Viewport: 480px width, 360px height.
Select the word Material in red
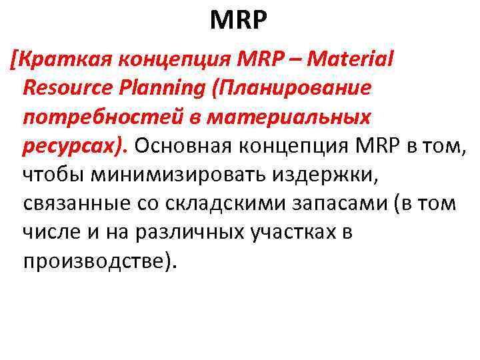pyautogui.click(x=353, y=60)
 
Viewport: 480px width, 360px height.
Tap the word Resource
pyautogui.click(x=72, y=89)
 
